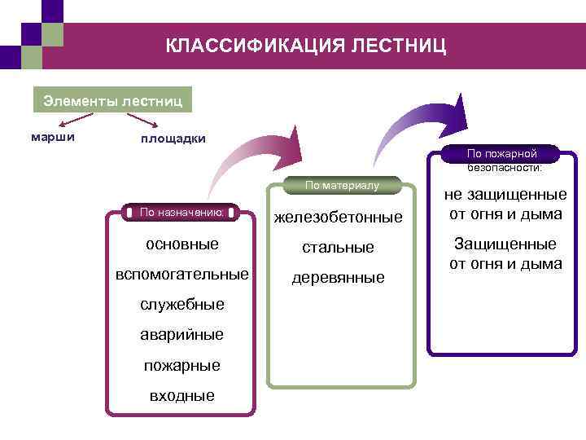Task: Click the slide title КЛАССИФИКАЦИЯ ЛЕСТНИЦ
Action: [306, 46]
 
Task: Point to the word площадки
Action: [173, 139]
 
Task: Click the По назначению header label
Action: [181, 212]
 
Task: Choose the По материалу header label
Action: [342, 186]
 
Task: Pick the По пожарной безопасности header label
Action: [502, 160]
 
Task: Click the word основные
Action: [181, 244]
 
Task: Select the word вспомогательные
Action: [181, 274]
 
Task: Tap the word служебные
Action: [181, 305]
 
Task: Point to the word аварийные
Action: [181, 335]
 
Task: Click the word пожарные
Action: [181, 366]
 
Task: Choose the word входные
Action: [181, 396]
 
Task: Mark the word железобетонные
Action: [338, 218]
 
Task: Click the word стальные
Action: [338, 247]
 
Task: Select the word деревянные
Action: [338, 278]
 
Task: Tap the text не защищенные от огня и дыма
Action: [505, 205]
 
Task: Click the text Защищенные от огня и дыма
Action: [505, 254]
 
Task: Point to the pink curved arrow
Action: [252, 159]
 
